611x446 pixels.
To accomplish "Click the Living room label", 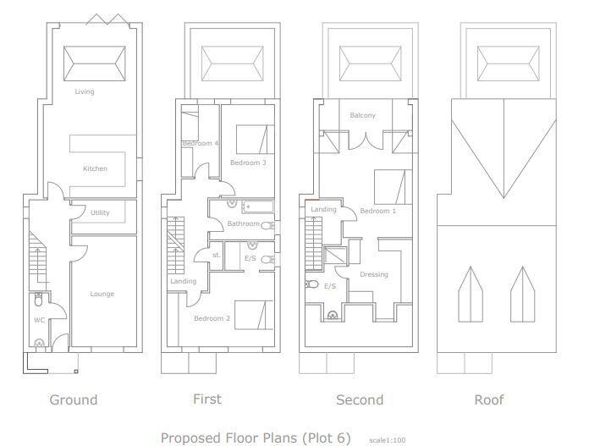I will tap(85, 91).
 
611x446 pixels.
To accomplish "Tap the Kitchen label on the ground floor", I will tap(95, 168).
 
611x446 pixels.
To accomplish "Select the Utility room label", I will tap(100, 212).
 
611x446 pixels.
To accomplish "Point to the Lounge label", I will tap(102, 294).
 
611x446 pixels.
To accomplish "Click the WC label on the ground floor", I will tap(39, 320).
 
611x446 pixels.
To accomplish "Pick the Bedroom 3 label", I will tap(248, 162).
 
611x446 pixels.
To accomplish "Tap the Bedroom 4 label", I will tap(200, 143).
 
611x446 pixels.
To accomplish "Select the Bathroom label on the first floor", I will tap(243, 223).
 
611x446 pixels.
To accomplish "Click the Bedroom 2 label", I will tap(212, 317).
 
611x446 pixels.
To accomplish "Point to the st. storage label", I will tap(216, 254).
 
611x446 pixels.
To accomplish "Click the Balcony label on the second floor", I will tap(362, 115).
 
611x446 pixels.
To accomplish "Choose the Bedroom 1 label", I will tap(377, 211).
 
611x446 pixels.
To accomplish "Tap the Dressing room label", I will tap(373, 274).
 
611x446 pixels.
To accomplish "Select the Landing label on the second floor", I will tap(323, 209).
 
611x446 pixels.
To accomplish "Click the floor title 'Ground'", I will tap(74, 399).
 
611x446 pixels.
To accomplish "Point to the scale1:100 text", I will tap(388, 440).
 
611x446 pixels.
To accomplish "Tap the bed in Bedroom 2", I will tap(252, 316).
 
